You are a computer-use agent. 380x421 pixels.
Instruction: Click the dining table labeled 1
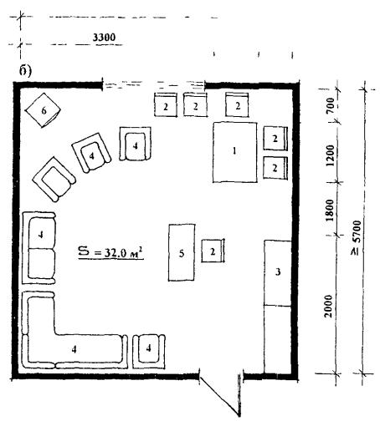(234, 152)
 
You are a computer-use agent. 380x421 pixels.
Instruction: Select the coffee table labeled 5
(182, 252)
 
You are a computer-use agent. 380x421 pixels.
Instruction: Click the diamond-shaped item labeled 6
(43, 110)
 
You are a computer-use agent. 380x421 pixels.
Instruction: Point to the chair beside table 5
(213, 251)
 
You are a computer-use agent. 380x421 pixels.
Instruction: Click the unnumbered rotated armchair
(54, 179)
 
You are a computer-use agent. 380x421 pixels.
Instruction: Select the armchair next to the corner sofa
(149, 351)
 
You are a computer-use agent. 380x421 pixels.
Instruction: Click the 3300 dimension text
(104, 38)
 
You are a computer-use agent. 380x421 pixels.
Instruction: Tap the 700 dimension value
(330, 105)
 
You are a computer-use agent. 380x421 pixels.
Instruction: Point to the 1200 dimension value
(330, 155)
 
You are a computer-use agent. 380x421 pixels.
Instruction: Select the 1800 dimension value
(330, 210)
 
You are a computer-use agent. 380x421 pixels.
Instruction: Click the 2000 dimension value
(329, 306)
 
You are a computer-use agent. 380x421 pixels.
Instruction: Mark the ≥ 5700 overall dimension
(357, 238)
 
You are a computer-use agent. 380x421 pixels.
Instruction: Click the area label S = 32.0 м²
(110, 252)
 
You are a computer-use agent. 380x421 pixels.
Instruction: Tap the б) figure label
(25, 71)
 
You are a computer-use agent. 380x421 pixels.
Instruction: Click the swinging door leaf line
(219, 395)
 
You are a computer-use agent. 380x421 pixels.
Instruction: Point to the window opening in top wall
(154, 84)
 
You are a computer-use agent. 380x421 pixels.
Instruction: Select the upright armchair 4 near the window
(136, 144)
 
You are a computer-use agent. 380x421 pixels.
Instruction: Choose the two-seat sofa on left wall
(39, 248)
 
